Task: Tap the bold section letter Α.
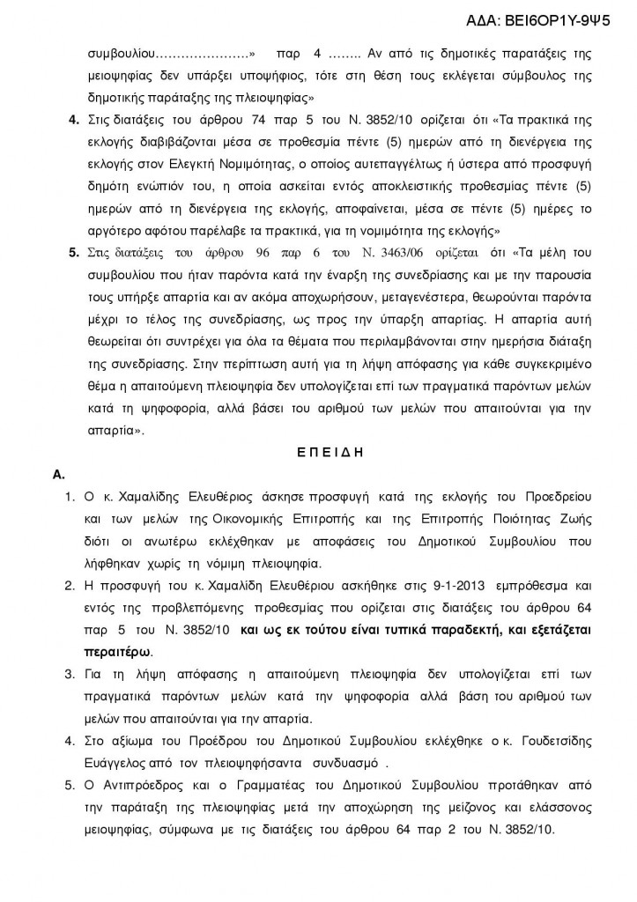coord(60,475)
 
